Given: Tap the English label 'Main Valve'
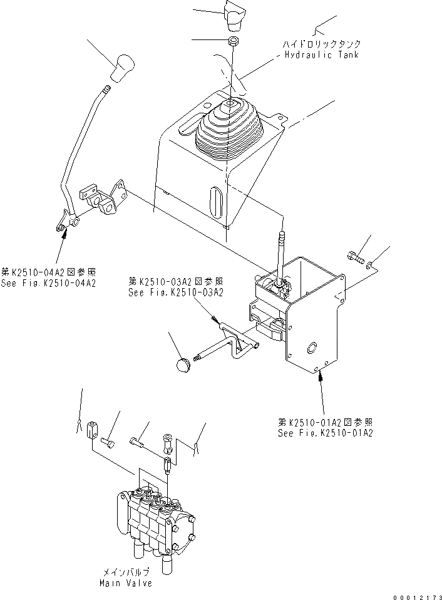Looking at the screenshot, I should [125, 583].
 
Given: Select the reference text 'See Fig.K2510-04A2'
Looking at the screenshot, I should [48, 283].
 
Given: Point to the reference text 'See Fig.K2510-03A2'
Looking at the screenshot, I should [176, 292].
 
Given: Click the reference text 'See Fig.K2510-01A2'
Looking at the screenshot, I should [325, 433].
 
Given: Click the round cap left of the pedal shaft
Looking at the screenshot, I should [183, 365].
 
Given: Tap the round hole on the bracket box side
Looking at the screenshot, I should [311, 348].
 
